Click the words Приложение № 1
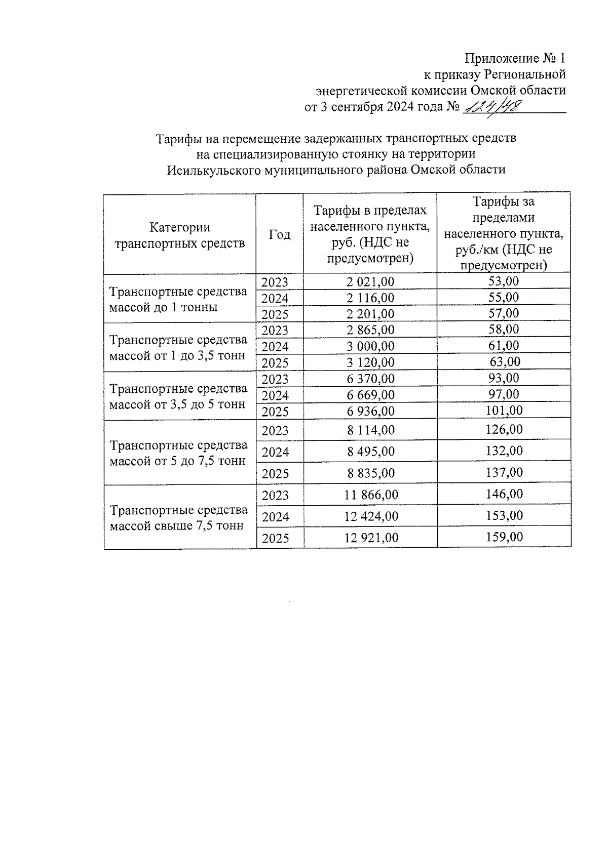coord(515,58)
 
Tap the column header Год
coord(280,234)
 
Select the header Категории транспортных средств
coord(180,235)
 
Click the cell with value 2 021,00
coord(370,282)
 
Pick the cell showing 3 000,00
coord(370,346)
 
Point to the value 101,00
coord(504,410)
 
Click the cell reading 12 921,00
coord(371,538)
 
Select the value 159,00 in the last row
coord(504,537)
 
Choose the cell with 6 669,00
coord(370,395)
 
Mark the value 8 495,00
coord(370,452)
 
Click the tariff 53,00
coord(504,281)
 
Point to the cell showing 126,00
coord(504,429)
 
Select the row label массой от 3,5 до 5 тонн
coord(177,404)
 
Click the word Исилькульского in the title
coord(214,170)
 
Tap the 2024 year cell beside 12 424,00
coord(275,517)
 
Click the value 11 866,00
coord(371,495)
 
